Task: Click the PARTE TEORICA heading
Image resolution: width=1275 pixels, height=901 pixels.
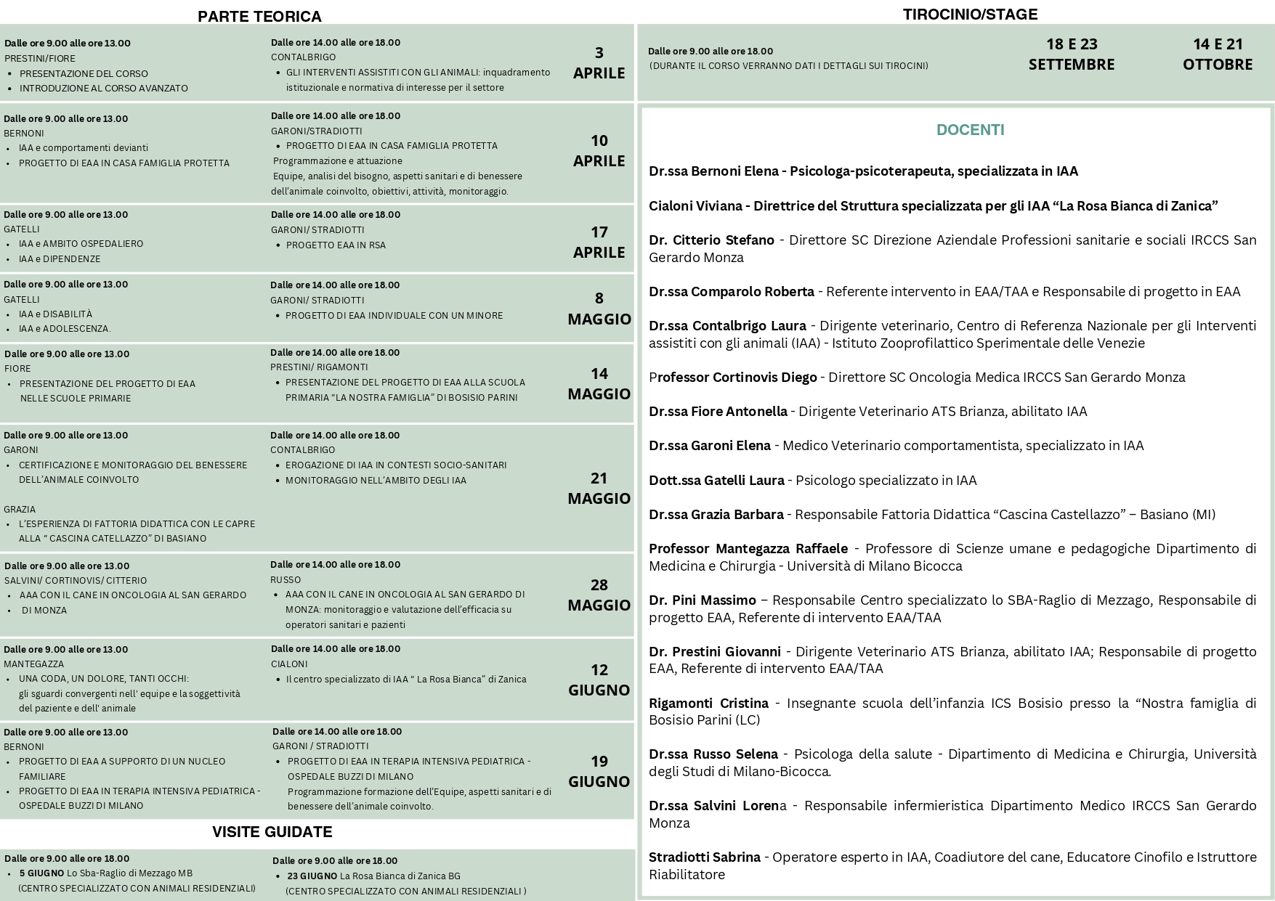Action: click(x=259, y=17)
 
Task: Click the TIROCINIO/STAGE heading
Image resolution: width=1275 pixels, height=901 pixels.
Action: click(x=970, y=15)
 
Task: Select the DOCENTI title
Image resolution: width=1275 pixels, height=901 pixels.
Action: click(x=970, y=130)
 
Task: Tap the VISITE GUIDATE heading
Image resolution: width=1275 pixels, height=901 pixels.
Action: click(x=272, y=832)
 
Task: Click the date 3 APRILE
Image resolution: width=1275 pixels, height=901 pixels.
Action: click(x=599, y=62)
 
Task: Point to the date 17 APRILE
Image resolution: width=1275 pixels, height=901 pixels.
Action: click(x=599, y=242)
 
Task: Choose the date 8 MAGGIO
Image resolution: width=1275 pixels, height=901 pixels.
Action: click(x=599, y=309)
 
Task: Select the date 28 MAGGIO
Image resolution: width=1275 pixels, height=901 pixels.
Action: click(x=599, y=595)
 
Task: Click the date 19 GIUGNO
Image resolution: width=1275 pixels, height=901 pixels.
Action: click(x=599, y=771)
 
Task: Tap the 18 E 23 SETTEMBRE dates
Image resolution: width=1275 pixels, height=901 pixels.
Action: click(x=1071, y=54)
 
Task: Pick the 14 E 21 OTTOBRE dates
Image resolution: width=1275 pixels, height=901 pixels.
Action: click(x=1218, y=54)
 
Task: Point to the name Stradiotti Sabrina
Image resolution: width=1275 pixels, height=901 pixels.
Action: click(x=704, y=857)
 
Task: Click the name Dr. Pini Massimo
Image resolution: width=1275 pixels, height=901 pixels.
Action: click(x=702, y=600)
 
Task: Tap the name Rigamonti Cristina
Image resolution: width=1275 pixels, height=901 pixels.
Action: click(x=708, y=704)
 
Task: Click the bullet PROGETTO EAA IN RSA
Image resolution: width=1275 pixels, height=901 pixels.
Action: click(x=336, y=245)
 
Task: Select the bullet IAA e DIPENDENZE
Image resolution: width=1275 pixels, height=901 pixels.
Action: click(x=60, y=259)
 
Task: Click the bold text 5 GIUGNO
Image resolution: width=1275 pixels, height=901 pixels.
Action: click(x=41, y=873)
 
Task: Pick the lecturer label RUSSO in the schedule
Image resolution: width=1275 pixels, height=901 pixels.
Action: click(x=286, y=580)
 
